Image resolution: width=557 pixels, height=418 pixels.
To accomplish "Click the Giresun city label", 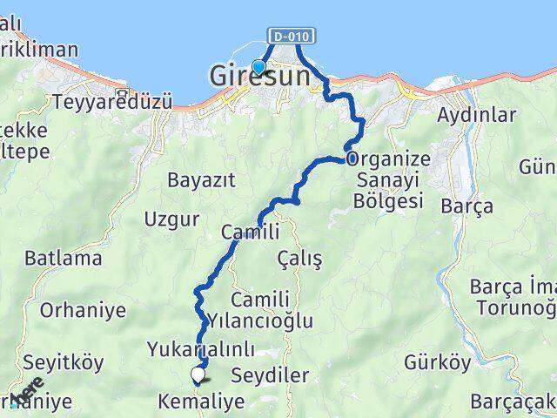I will (x=259, y=78).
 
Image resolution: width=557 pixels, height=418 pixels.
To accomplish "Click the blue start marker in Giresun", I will (x=258, y=66).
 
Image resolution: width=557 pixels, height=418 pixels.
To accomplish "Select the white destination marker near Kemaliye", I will (x=198, y=375).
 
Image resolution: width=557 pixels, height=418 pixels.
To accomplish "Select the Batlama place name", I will (x=64, y=258).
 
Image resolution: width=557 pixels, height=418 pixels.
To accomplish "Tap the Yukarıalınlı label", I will (x=201, y=350).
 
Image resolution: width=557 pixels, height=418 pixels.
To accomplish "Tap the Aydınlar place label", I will (x=476, y=114).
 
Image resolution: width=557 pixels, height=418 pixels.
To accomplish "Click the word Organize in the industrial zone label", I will (x=388, y=159).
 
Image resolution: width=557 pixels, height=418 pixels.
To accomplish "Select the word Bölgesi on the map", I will (x=389, y=201).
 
